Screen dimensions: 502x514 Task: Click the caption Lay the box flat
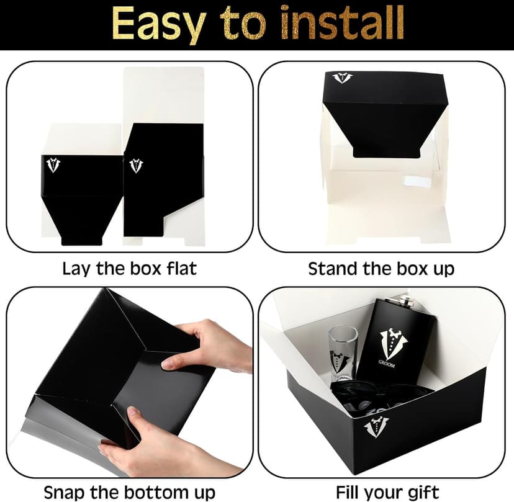(x=129, y=269)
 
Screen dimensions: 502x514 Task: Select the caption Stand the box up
(x=381, y=269)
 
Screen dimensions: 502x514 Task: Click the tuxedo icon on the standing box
(x=342, y=78)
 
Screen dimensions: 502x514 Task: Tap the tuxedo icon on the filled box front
(x=376, y=427)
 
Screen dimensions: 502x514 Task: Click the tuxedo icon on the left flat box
(x=54, y=165)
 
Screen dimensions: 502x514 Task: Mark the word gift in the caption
(x=423, y=491)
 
